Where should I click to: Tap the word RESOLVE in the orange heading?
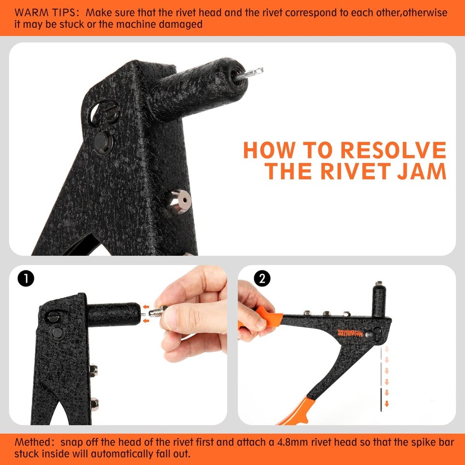393,150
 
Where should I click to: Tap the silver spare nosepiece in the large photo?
179,201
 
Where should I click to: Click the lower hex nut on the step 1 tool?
94,402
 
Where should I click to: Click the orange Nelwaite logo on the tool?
350,334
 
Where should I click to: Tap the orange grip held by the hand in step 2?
269,317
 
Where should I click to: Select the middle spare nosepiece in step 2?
326,313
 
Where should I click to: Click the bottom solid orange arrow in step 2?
387,403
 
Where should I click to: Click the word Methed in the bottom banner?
33,442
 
